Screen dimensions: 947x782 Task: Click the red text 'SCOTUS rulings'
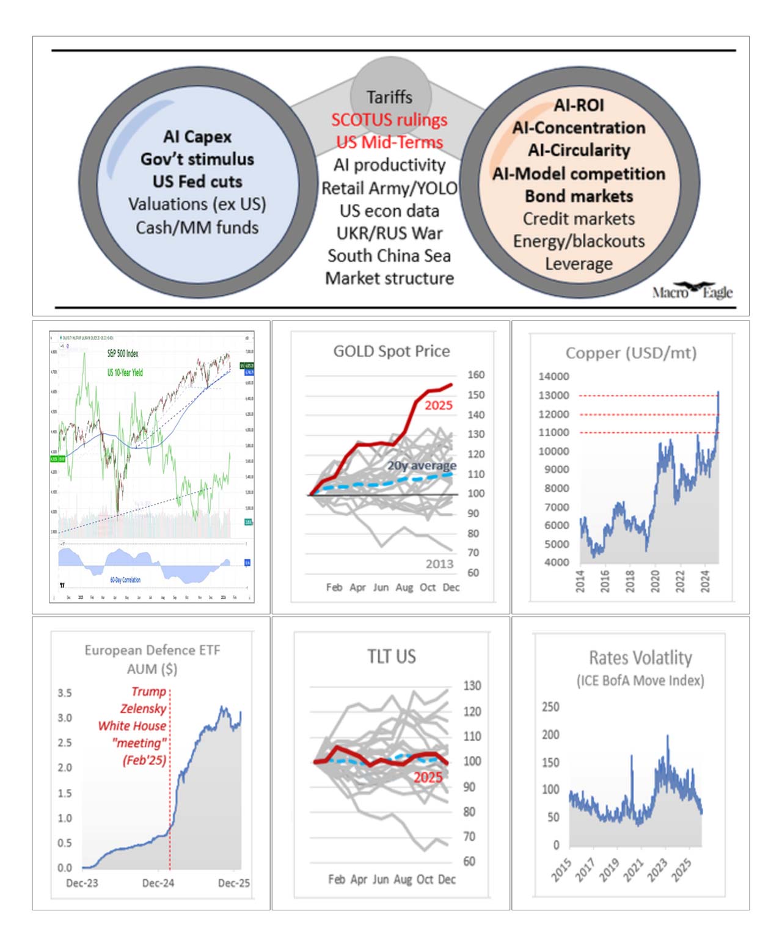click(389, 120)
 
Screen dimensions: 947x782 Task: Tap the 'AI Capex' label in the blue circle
click(197, 137)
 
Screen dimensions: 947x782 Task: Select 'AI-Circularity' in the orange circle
click(579, 150)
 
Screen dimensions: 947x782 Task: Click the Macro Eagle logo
click(692, 291)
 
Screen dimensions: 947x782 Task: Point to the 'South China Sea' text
click(389, 256)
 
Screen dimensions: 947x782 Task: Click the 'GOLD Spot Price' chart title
click(391, 351)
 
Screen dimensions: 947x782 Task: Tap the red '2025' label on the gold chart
click(439, 405)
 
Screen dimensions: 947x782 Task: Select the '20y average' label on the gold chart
click(422, 465)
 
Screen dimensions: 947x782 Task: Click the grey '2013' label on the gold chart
click(439, 564)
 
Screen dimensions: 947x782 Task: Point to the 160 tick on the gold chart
click(476, 375)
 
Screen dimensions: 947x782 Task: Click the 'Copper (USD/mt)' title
click(630, 353)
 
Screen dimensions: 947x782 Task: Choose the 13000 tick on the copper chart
click(553, 395)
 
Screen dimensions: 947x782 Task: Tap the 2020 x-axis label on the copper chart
click(655, 581)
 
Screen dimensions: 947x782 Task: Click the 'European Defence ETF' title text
click(152, 650)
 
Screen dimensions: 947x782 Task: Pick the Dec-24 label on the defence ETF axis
click(158, 883)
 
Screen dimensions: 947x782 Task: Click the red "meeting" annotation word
click(140, 743)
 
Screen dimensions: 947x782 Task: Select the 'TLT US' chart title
click(391, 656)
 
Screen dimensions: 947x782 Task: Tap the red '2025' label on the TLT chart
click(428, 777)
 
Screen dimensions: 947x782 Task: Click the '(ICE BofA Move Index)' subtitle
click(640, 680)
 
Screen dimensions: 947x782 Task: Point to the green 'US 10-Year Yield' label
click(125, 372)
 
